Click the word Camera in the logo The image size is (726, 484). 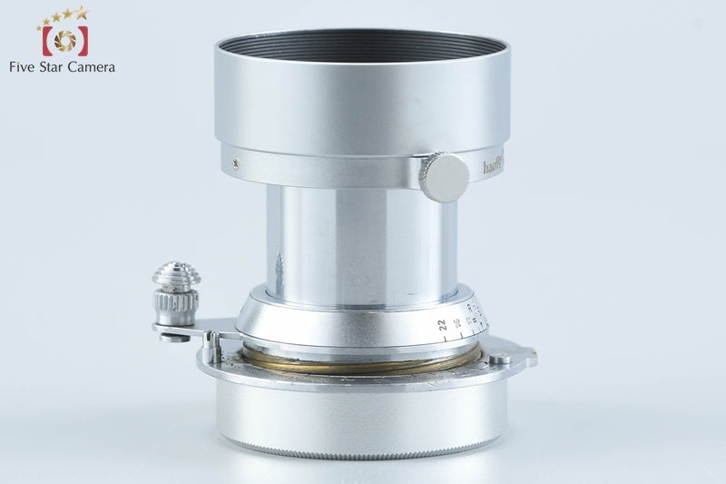93,66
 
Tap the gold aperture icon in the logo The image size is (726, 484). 64,40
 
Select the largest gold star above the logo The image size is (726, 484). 82,12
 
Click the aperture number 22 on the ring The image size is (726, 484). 441,324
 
